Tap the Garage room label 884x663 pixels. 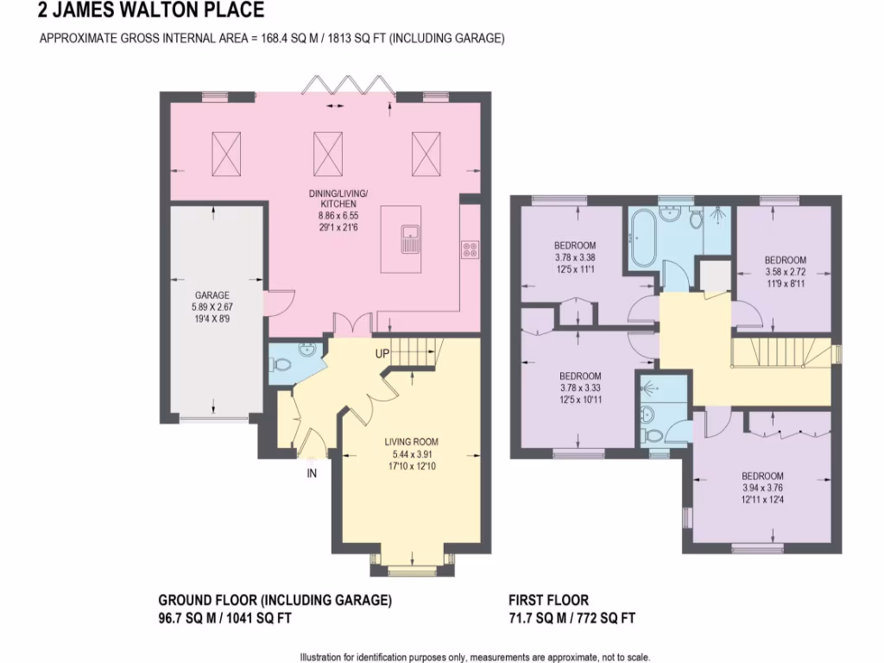tap(211, 295)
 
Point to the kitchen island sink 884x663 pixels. tap(409, 235)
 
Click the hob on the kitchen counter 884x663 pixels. tap(470, 249)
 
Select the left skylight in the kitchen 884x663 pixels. tap(227, 153)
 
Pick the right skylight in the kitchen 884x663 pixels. tap(426, 153)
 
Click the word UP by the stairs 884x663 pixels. tap(382, 354)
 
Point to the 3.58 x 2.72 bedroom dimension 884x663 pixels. tap(785, 272)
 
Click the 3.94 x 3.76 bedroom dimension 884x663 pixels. tap(762, 488)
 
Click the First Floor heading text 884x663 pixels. tap(549, 600)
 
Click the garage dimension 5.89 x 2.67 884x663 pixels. tap(211, 306)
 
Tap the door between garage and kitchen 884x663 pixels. tap(278, 303)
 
